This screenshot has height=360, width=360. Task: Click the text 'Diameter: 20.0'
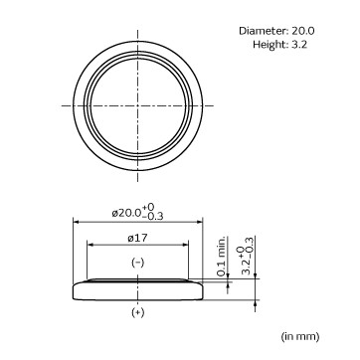click(276, 31)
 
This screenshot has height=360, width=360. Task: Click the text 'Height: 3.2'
click(279, 44)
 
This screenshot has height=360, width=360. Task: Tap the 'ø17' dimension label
click(137, 238)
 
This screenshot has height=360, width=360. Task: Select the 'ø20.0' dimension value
click(127, 213)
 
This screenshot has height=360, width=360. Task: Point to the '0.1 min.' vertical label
click(222, 257)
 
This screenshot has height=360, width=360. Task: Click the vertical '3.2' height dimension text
click(246, 269)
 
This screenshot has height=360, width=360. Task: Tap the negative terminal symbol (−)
click(138, 263)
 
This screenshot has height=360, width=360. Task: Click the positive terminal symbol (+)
click(138, 312)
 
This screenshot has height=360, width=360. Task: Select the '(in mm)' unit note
click(300, 336)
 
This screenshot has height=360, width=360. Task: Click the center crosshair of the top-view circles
click(138, 105)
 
